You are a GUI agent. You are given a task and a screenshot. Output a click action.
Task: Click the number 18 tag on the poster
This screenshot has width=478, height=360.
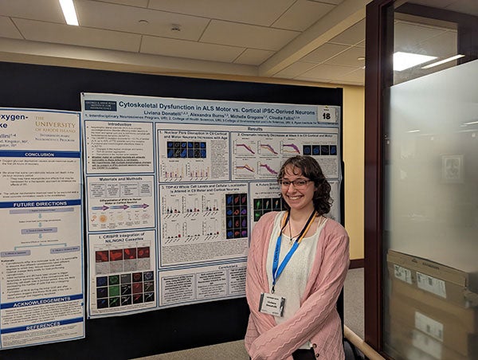326,115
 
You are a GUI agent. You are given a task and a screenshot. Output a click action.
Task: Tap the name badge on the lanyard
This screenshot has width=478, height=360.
272,303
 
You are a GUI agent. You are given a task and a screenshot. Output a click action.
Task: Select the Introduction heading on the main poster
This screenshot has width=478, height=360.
119,124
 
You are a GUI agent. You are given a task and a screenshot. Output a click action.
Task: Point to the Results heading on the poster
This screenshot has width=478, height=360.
255,127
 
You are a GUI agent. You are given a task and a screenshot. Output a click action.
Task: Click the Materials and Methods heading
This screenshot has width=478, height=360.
121,179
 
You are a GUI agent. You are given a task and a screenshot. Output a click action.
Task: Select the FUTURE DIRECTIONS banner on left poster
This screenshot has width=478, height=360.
40,203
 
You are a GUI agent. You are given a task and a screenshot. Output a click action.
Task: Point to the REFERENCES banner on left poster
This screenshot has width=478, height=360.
41,325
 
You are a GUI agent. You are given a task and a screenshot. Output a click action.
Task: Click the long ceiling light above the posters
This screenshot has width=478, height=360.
69,11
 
